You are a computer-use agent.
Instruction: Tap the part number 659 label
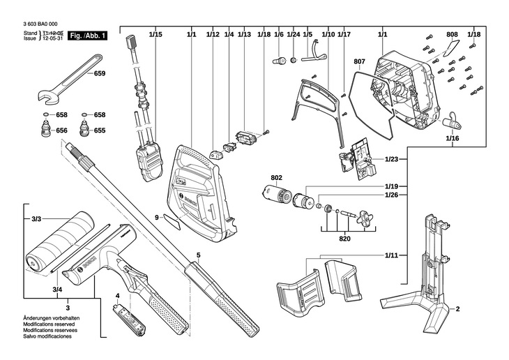point(100,74)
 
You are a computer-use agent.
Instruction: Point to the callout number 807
point(359,62)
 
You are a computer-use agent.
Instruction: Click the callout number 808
point(452,34)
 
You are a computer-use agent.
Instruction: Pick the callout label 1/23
point(391,160)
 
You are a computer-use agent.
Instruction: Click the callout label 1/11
point(391,257)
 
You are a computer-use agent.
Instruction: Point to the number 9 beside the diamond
point(157,218)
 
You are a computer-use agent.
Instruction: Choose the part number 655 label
point(100,130)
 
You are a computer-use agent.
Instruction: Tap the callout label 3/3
point(36,220)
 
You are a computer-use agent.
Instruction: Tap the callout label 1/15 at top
point(155,34)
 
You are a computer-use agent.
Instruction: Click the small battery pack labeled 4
point(130,322)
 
